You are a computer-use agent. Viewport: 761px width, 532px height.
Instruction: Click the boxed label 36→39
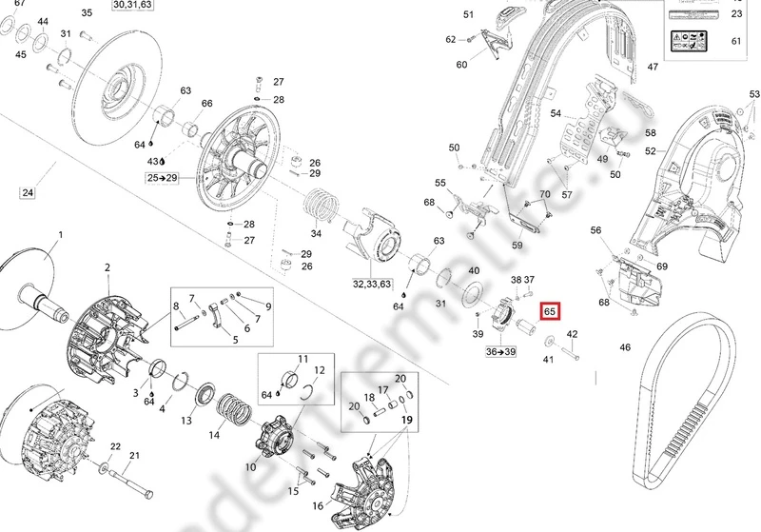pyautogui.click(x=501, y=351)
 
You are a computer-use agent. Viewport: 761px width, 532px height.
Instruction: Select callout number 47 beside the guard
pyautogui.click(x=653, y=68)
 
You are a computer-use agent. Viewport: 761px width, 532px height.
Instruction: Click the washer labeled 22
pyautogui.click(x=101, y=468)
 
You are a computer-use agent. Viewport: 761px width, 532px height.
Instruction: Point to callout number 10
pyautogui.click(x=250, y=467)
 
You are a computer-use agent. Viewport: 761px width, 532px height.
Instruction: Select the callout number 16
pyautogui.click(x=318, y=505)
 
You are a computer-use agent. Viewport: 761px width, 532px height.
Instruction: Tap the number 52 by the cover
pyautogui.click(x=651, y=150)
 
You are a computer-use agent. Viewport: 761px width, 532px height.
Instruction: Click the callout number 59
pyautogui.click(x=517, y=246)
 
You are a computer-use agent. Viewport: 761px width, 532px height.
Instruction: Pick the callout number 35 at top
pyautogui.click(x=87, y=12)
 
